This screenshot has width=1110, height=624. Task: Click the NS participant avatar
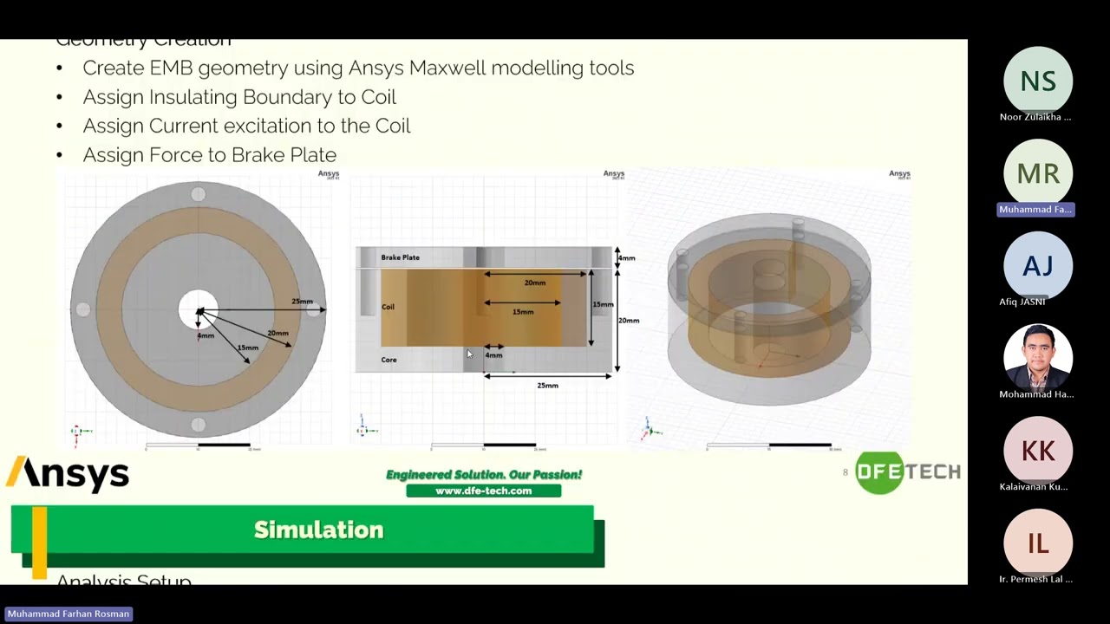coord(1037,81)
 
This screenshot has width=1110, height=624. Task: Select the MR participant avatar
coord(1037,173)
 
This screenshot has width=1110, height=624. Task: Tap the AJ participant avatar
coord(1037,265)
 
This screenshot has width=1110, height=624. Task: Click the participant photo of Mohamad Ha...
coord(1037,357)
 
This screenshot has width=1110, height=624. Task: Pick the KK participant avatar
coord(1037,450)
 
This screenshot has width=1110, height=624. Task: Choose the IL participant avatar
coord(1037,543)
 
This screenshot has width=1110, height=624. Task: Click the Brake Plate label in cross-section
coord(400,257)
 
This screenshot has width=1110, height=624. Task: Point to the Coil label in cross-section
coord(388,307)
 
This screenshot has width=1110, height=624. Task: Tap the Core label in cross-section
coord(388,360)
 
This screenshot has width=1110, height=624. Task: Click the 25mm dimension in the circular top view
coord(302,302)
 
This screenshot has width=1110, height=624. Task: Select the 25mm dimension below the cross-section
coord(547,386)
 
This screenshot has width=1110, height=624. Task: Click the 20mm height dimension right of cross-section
coord(629,321)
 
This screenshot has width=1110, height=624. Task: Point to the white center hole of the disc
coord(198,309)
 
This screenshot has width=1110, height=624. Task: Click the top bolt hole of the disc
coord(198,194)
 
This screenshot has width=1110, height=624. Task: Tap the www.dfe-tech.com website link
coord(483,491)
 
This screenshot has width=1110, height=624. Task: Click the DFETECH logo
coord(907,472)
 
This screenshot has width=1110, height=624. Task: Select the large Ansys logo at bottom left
coord(69,474)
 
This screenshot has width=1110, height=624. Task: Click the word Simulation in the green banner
coord(318,530)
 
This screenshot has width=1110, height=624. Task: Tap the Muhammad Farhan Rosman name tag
coord(69,614)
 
